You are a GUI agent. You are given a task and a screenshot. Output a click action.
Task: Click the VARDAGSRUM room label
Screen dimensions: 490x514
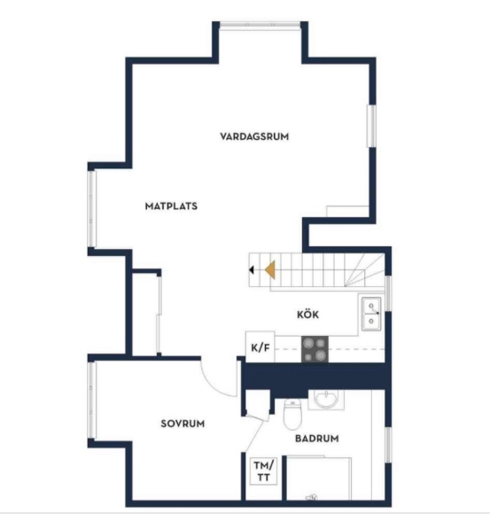click(x=254, y=136)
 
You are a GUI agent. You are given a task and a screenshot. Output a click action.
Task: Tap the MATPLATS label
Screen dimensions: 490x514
click(x=171, y=206)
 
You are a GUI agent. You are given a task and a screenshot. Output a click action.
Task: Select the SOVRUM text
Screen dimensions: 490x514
click(x=183, y=424)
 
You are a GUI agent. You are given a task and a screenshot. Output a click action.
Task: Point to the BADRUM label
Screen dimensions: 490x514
click(x=317, y=439)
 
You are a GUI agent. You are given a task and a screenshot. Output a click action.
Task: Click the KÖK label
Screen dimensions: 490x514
click(x=307, y=314)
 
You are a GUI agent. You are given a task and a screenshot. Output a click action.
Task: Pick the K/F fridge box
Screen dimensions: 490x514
click(x=261, y=347)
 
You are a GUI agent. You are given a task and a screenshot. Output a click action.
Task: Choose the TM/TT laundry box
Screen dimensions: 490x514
click(x=263, y=471)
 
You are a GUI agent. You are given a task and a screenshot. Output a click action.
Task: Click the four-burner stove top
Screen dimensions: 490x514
click(x=315, y=349)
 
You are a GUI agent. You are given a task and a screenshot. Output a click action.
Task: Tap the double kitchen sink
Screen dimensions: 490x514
click(x=371, y=314)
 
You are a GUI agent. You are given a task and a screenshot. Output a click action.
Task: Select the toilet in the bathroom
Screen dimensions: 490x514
click(x=292, y=414)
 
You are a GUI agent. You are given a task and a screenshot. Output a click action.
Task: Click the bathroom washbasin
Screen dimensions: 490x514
click(x=325, y=400)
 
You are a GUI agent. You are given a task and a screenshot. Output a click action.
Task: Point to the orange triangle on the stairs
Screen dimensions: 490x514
click(x=270, y=270)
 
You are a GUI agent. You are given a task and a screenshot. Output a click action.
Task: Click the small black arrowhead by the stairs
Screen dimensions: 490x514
click(x=252, y=270)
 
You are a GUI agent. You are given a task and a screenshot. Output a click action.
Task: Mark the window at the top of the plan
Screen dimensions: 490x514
click(x=261, y=25)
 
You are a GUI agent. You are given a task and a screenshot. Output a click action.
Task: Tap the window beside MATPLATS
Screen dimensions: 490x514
click(x=92, y=209)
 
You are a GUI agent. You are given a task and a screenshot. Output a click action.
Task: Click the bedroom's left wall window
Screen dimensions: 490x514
click(x=92, y=400)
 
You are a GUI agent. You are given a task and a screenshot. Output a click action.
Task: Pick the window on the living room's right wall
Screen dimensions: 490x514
click(x=371, y=126)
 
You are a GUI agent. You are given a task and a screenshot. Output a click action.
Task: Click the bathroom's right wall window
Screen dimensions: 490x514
click(x=388, y=445)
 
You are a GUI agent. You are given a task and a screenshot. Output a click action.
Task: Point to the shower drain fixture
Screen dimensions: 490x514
click(x=311, y=497)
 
